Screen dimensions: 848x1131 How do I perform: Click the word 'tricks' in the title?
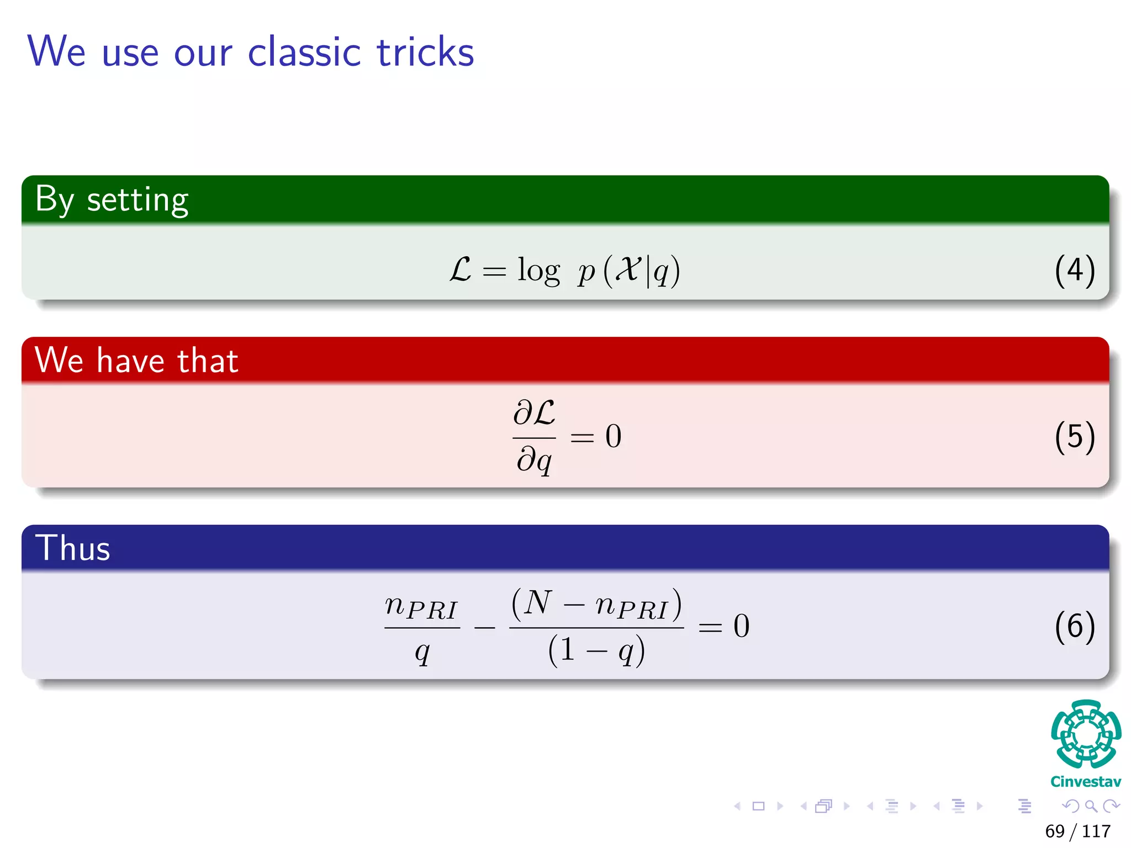425,52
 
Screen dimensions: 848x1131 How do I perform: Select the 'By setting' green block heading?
112,200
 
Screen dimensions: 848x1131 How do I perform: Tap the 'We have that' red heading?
136,361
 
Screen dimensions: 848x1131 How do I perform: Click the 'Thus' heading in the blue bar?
73,548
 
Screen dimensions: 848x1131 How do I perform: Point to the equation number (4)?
1074,271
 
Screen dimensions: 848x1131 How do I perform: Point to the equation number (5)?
1074,437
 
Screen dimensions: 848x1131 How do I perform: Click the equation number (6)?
1074,626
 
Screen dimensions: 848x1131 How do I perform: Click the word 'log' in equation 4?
538,271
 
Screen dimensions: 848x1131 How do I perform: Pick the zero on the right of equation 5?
613,436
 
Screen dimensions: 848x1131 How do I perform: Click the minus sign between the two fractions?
484,628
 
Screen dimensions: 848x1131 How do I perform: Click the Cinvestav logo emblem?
1086,734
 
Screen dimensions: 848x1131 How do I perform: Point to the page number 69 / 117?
1077,831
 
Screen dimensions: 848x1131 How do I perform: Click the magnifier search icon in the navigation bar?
1091,806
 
